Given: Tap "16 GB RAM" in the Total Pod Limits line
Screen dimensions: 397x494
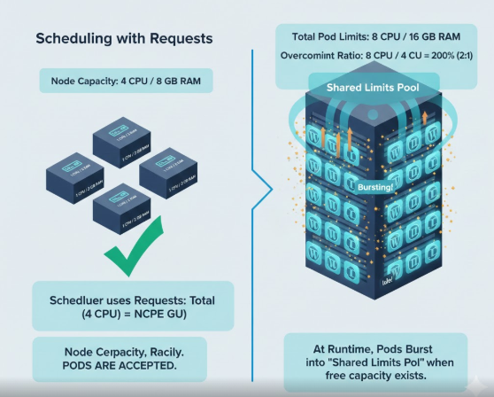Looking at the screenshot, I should pos(436,36).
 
